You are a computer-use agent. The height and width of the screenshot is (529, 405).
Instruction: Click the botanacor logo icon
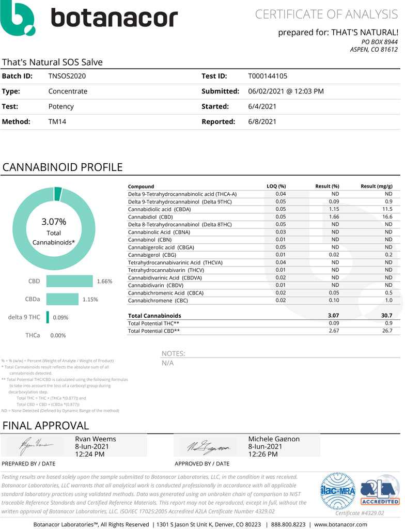pos(19,19)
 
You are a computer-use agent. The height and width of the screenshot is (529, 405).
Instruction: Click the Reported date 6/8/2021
pos(262,122)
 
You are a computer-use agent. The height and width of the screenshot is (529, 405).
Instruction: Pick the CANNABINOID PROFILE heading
pos(63,167)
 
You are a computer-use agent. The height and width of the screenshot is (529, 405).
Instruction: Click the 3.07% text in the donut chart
pos(54,222)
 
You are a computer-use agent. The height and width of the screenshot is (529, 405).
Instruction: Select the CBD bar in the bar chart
pos(69,281)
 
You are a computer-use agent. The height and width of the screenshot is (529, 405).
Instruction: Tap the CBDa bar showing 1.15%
pos(63,299)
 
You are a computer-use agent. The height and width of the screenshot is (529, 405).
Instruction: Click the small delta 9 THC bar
pos(48,317)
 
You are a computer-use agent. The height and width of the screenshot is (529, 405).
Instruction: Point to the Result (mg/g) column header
pos(376,186)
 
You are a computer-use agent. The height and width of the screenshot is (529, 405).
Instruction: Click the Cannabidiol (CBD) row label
pos(149,216)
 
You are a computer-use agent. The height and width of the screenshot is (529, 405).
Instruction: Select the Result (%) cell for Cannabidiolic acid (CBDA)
pos(333,209)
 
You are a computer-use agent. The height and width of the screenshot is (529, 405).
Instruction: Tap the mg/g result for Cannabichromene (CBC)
pos(388,300)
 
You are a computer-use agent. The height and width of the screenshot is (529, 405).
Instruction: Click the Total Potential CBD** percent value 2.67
pos(333,331)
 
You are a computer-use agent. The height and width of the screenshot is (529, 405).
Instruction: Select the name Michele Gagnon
pos(274,439)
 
